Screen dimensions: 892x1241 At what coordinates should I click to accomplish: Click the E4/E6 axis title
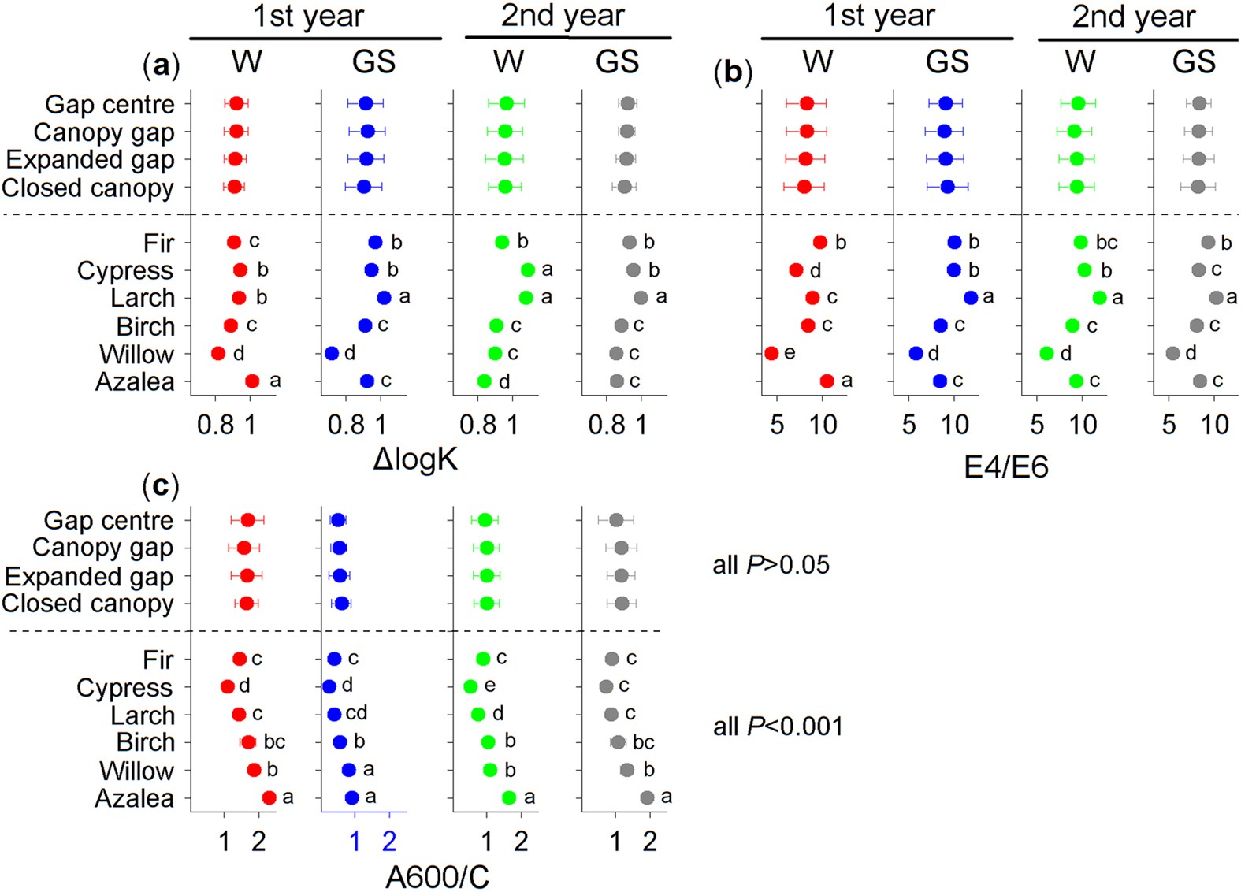pos(1005,467)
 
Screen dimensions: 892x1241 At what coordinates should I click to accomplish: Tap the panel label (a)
pos(161,65)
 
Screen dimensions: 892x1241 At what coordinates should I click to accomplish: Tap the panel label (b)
pos(733,72)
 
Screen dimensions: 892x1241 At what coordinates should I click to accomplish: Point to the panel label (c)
pos(160,485)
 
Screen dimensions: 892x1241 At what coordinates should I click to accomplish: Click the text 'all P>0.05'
pos(771,565)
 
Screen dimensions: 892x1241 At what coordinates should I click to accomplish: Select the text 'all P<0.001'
pos(778,726)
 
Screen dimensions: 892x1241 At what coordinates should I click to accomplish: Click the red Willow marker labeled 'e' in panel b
pos(771,353)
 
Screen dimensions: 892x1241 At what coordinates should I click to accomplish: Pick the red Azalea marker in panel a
pos(252,381)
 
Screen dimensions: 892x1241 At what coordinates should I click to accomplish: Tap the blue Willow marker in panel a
pos(332,353)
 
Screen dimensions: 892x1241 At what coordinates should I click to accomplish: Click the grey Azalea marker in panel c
pos(647,797)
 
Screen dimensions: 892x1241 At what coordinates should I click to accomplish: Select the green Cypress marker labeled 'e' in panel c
pos(470,686)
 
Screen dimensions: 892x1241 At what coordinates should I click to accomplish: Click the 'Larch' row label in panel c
pos(143,715)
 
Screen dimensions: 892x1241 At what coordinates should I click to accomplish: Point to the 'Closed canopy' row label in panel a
pos(87,188)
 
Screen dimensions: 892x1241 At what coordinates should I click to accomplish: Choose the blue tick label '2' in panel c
pos(388,842)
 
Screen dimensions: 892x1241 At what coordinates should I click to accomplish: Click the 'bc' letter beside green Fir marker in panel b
pos(1106,243)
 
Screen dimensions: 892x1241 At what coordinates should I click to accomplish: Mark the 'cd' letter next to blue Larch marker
pos(356,713)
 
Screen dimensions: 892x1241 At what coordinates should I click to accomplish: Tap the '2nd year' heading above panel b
pos(1133,17)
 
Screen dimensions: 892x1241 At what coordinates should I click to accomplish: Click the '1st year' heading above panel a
pos(309,17)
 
